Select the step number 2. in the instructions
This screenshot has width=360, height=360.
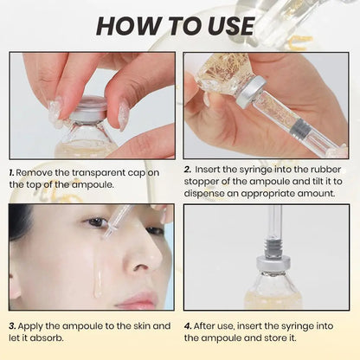pos(189,170)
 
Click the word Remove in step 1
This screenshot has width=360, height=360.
pos(37,172)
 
